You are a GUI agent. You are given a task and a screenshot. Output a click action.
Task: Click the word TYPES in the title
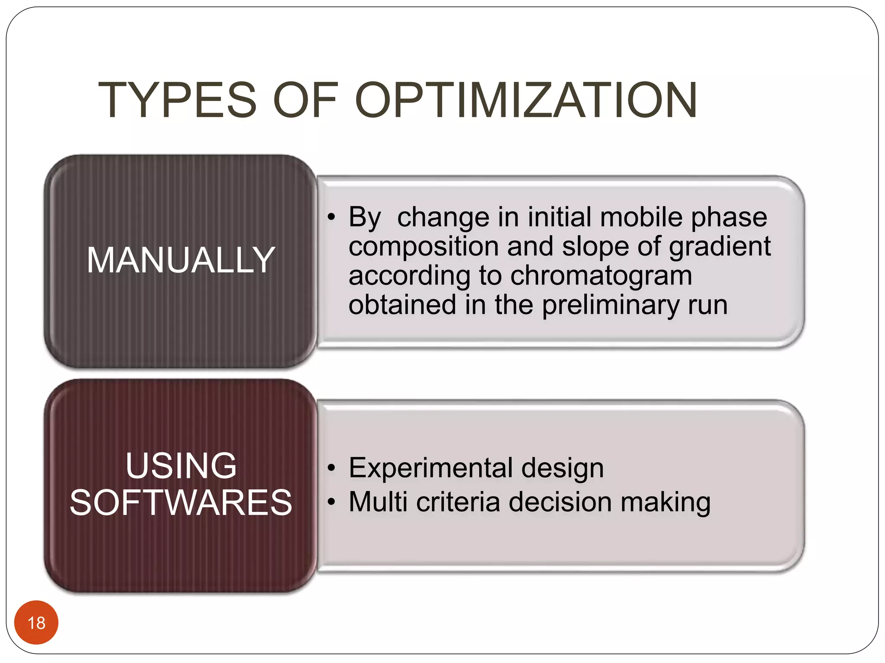[177, 100]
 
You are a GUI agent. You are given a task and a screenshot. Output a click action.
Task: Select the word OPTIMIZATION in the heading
[525, 100]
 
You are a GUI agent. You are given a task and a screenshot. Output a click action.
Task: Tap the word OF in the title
[305, 100]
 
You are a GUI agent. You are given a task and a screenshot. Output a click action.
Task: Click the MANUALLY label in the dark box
[181, 260]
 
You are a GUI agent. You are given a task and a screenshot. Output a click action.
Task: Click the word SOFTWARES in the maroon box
[181, 502]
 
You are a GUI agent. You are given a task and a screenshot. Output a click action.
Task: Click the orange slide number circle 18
[36, 622]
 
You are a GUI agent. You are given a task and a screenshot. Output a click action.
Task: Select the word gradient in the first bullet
[719, 247]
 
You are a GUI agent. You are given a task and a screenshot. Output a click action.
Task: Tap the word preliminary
[611, 305]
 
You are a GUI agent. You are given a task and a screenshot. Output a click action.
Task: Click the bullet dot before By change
[331, 217]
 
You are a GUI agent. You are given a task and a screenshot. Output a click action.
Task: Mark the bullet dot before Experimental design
[331, 468]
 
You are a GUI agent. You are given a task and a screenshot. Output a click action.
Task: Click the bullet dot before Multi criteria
[331, 502]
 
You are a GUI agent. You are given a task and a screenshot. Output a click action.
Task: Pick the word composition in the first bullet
[423, 247]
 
